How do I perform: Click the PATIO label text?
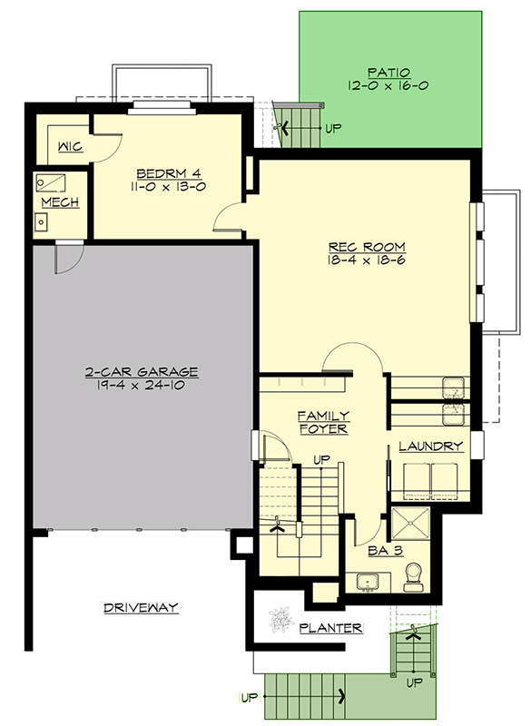tap(390, 72)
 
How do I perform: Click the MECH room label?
tap(60, 202)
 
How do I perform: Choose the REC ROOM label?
tap(367, 248)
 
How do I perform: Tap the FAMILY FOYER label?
tap(323, 421)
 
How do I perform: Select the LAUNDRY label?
tap(431, 446)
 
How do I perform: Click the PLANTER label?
tap(331, 627)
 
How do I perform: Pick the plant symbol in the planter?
tap(279, 619)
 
